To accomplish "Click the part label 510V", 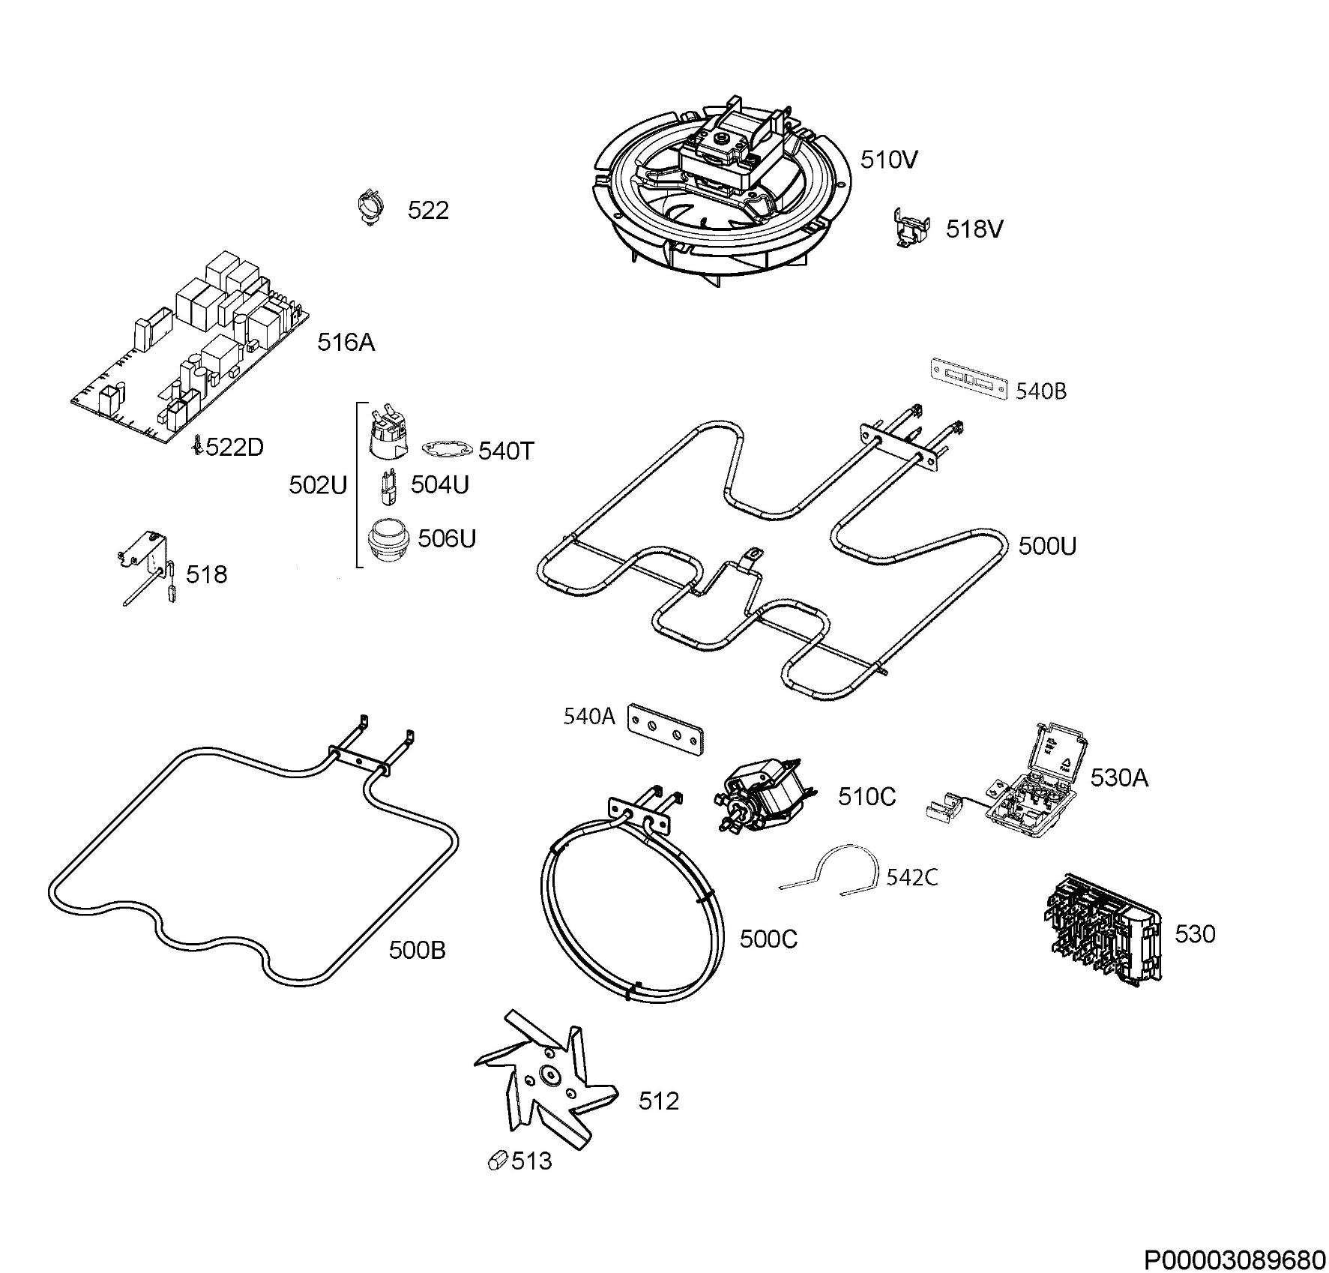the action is click(888, 160).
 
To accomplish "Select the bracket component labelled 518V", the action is click(911, 226).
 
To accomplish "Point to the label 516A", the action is click(346, 343).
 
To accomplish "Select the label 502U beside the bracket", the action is click(318, 485).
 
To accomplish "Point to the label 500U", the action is click(1047, 546).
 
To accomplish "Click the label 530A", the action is click(1119, 777).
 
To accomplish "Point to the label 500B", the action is click(417, 950).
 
